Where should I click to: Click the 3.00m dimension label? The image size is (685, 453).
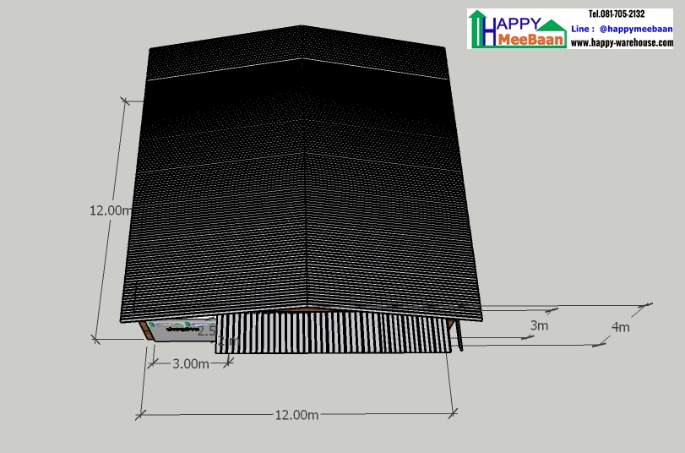(x=190, y=364)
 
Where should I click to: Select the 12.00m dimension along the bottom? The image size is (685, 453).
(x=296, y=414)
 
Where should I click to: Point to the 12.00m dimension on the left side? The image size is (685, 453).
(x=111, y=210)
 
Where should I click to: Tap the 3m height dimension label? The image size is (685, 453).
(x=539, y=325)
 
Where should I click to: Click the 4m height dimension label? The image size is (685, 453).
(x=620, y=327)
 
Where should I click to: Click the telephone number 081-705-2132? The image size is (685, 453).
(x=617, y=14)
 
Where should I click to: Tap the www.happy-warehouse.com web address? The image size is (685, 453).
(x=621, y=42)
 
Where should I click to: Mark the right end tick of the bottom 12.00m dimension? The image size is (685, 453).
(x=454, y=412)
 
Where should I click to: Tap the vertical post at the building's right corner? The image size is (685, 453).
(x=461, y=336)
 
